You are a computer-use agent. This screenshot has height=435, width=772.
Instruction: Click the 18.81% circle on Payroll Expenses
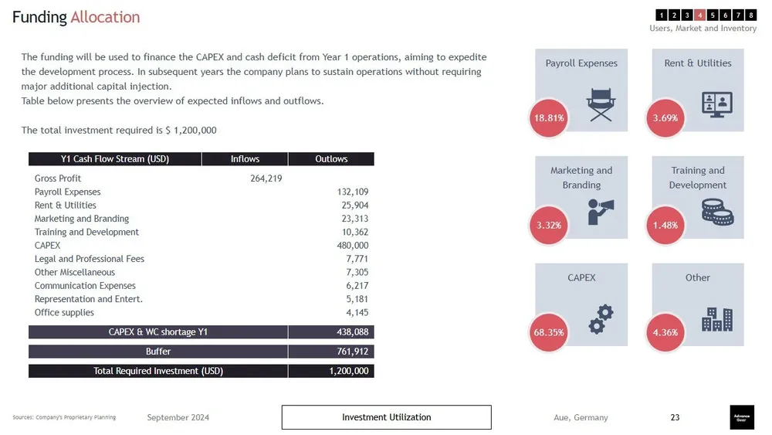(550, 118)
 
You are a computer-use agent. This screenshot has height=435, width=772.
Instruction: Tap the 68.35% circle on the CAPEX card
(550, 333)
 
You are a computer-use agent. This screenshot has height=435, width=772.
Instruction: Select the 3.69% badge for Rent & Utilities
(665, 118)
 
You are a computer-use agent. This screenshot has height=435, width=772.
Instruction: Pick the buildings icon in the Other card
(716, 318)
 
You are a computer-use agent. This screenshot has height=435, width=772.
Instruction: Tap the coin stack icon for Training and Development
(716, 211)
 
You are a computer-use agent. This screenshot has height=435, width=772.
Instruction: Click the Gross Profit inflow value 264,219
(266, 178)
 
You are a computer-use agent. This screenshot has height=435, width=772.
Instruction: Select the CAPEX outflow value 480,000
(352, 246)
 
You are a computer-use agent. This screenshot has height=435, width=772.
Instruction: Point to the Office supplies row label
(64, 313)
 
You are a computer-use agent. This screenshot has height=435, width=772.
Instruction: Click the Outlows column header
(331, 159)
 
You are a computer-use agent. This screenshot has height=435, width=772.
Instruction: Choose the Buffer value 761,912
(352, 352)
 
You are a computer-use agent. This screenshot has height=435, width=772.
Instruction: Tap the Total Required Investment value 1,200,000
(349, 371)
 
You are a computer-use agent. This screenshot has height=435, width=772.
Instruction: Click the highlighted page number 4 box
(699, 15)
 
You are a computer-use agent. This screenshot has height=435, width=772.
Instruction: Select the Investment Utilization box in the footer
(386, 417)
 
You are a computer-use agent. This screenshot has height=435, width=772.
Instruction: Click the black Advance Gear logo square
(742, 417)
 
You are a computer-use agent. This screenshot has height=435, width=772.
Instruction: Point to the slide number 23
(675, 417)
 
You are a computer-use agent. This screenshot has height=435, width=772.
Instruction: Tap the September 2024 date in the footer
(178, 418)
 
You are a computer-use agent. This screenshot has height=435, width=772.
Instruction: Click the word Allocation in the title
(105, 17)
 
